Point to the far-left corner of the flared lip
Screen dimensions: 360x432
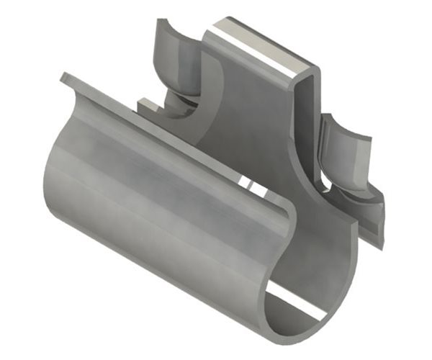(x=63, y=75)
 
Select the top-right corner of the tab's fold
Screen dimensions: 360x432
(x=318, y=69)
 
